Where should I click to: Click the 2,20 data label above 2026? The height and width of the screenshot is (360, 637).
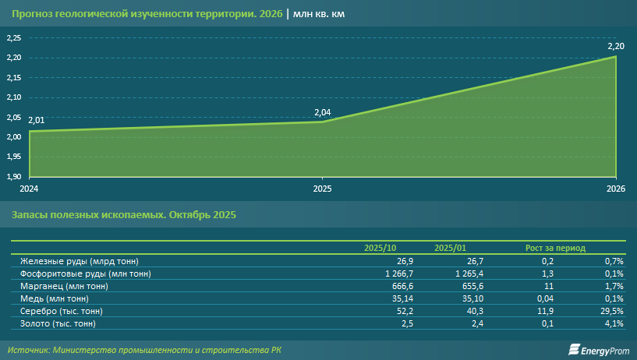pyautogui.click(x=616, y=46)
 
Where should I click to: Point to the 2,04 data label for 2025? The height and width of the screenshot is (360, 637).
pyautogui.click(x=322, y=113)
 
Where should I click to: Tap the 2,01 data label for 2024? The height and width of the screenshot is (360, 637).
pyautogui.click(x=36, y=121)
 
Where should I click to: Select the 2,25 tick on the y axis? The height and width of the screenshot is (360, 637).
pyautogui.click(x=13, y=38)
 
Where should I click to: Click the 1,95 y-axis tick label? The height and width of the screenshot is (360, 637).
pyautogui.click(x=13, y=157)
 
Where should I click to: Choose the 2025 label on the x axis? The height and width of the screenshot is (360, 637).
pyautogui.click(x=322, y=189)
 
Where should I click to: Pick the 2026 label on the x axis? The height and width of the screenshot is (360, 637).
pyautogui.click(x=616, y=189)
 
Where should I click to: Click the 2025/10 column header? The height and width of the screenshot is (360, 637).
pyautogui.click(x=379, y=248)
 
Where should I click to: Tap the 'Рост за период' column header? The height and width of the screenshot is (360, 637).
pyautogui.click(x=556, y=248)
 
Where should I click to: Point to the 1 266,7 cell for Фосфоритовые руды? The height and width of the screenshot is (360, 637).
pyautogui.click(x=388, y=274)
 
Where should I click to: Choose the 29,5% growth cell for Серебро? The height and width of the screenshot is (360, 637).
pyautogui.click(x=612, y=311)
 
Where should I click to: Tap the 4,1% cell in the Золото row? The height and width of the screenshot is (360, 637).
pyautogui.click(x=614, y=323)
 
